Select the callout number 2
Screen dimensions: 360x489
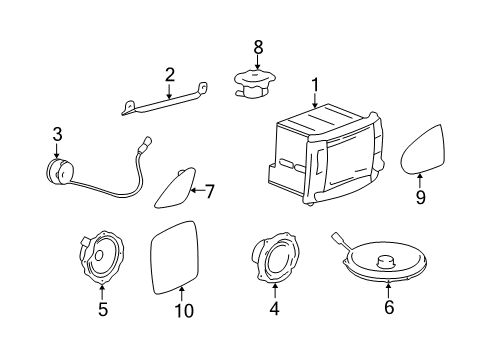(170, 74)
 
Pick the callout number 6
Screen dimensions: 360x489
(389, 309)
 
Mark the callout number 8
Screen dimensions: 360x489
(258, 46)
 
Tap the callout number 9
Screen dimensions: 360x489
(420, 197)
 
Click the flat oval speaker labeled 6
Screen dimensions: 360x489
(385, 263)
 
